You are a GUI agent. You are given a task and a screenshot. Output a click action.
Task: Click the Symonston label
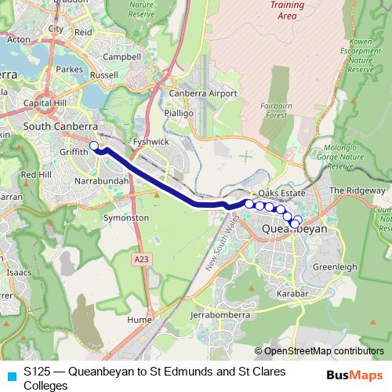point(125,216)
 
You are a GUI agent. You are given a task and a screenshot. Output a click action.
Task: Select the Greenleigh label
point(335,267)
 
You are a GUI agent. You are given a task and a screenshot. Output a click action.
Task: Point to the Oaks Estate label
point(280,193)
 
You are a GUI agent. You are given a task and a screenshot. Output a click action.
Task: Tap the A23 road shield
point(142,259)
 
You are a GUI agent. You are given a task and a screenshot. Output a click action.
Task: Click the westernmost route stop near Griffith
point(94,145)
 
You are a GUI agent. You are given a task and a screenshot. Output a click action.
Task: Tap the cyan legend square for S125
point(10,375)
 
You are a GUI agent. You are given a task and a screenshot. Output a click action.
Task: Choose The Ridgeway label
point(357,191)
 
